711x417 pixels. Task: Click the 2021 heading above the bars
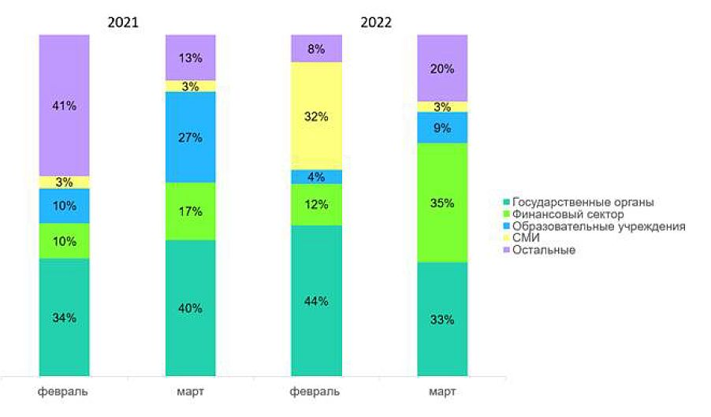(x=123, y=22)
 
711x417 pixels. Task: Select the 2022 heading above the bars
(x=376, y=22)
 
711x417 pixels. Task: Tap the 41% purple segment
(x=64, y=105)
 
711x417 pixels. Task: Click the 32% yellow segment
(x=316, y=116)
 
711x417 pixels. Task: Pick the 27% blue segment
(x=190, y=137)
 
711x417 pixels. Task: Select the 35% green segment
(x=442, y=203)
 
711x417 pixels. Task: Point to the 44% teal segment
(x=316, y=300)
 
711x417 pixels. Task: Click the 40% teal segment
(x=190, y=307)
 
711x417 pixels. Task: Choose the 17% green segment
(x=190, y=211)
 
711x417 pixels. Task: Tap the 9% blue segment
(x=442, y=128)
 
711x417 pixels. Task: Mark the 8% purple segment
(x=316, y=48)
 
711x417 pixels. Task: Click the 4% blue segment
(x=316, y=177)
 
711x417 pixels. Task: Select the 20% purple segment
(x=442, y=69)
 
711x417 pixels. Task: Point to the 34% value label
(x=64, y=318)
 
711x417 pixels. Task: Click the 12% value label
(x=316, y=205)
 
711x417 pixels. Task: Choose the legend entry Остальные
(x=543, y=250)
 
